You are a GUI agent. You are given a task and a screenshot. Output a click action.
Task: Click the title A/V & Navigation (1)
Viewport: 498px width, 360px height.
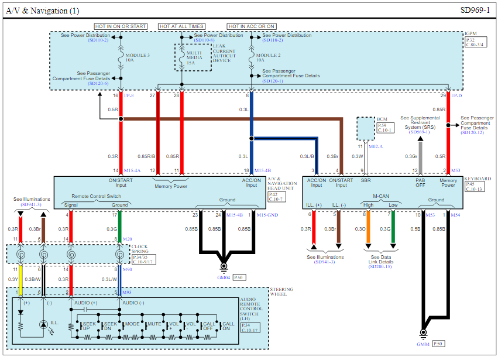(43, 11)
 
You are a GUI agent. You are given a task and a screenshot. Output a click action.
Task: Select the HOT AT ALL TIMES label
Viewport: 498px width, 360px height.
(181, 26)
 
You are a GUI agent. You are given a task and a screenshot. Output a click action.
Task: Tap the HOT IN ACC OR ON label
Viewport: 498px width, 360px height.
(252, 26)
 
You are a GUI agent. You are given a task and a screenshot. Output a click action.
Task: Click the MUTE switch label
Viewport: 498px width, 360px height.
(154, 324)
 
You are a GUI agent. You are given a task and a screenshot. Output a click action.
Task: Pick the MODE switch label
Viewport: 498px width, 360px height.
(132, 324)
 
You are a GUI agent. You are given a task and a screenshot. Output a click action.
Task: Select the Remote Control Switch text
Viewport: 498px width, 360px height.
(96, 196)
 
